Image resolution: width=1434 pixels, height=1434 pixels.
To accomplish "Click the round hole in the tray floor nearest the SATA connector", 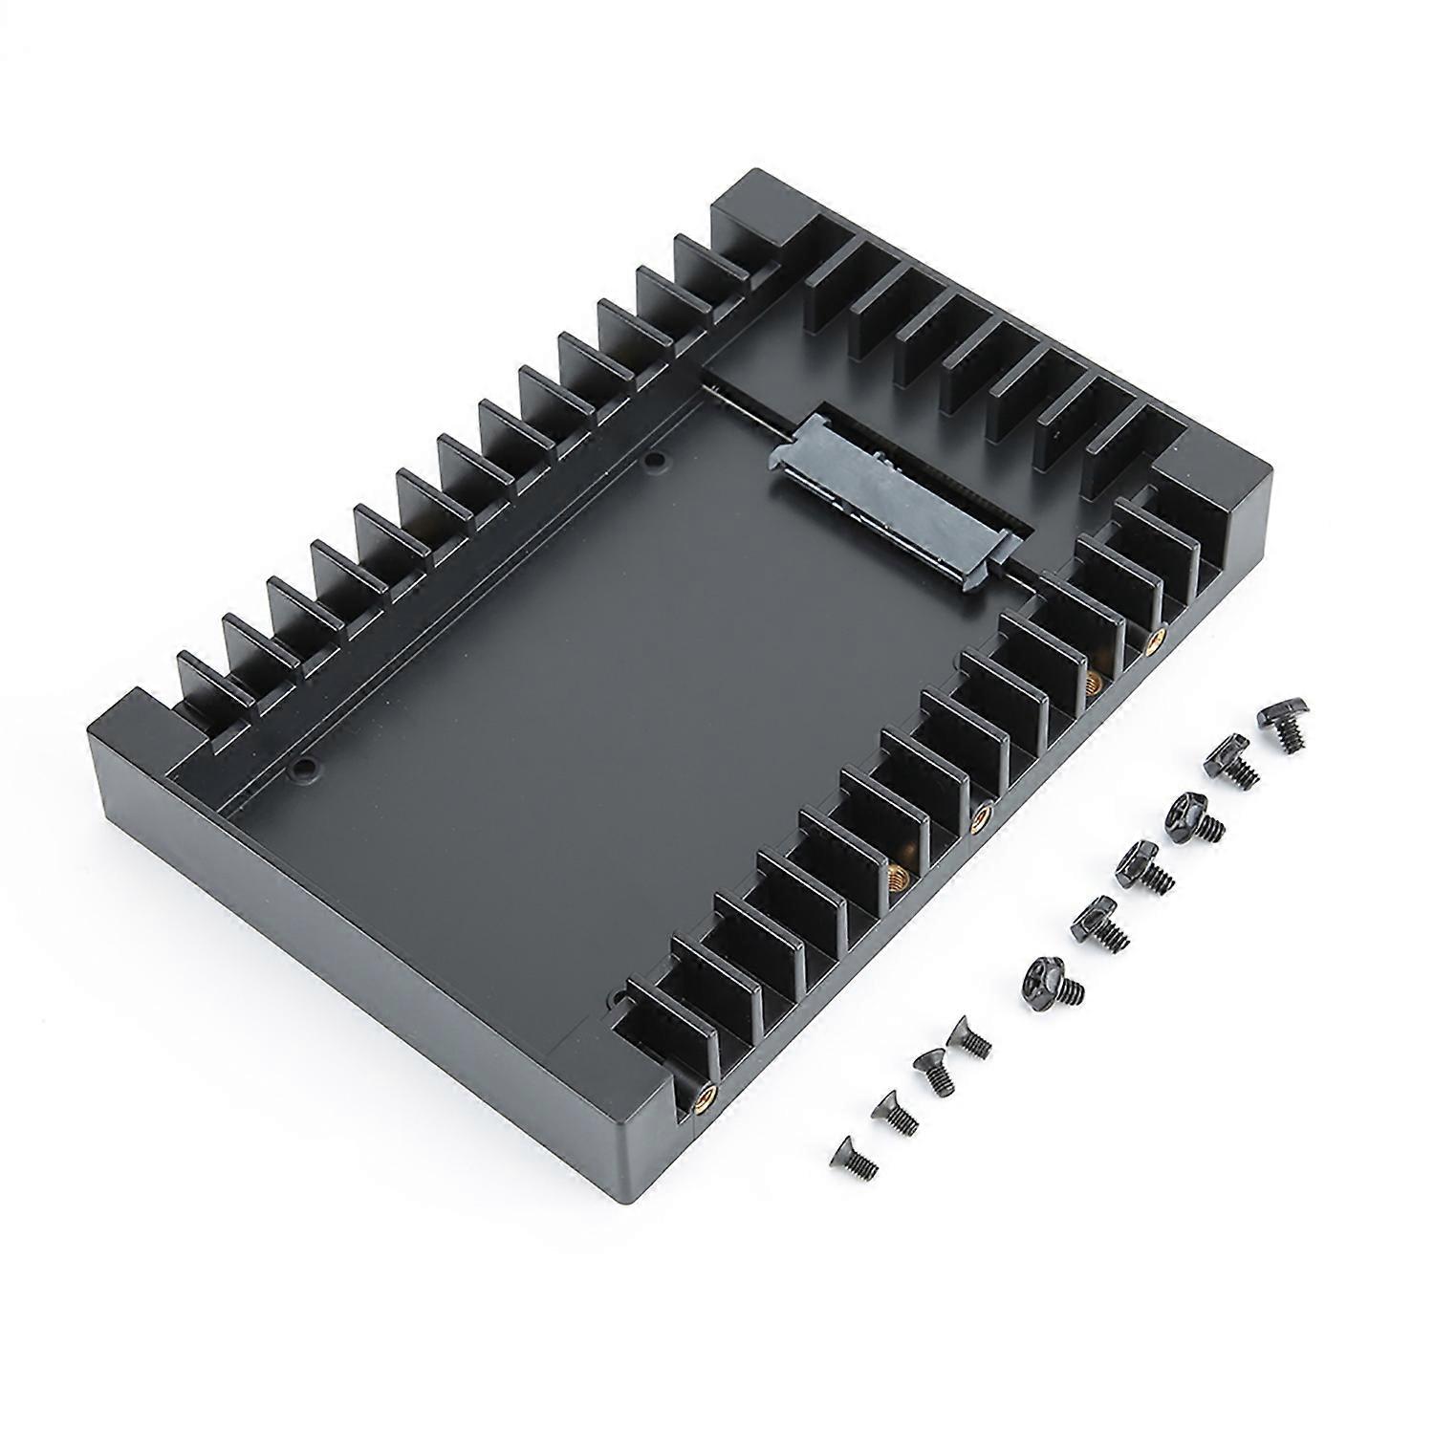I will point(654,462).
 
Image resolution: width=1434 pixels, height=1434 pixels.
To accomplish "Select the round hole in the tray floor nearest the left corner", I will point(305,765).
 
